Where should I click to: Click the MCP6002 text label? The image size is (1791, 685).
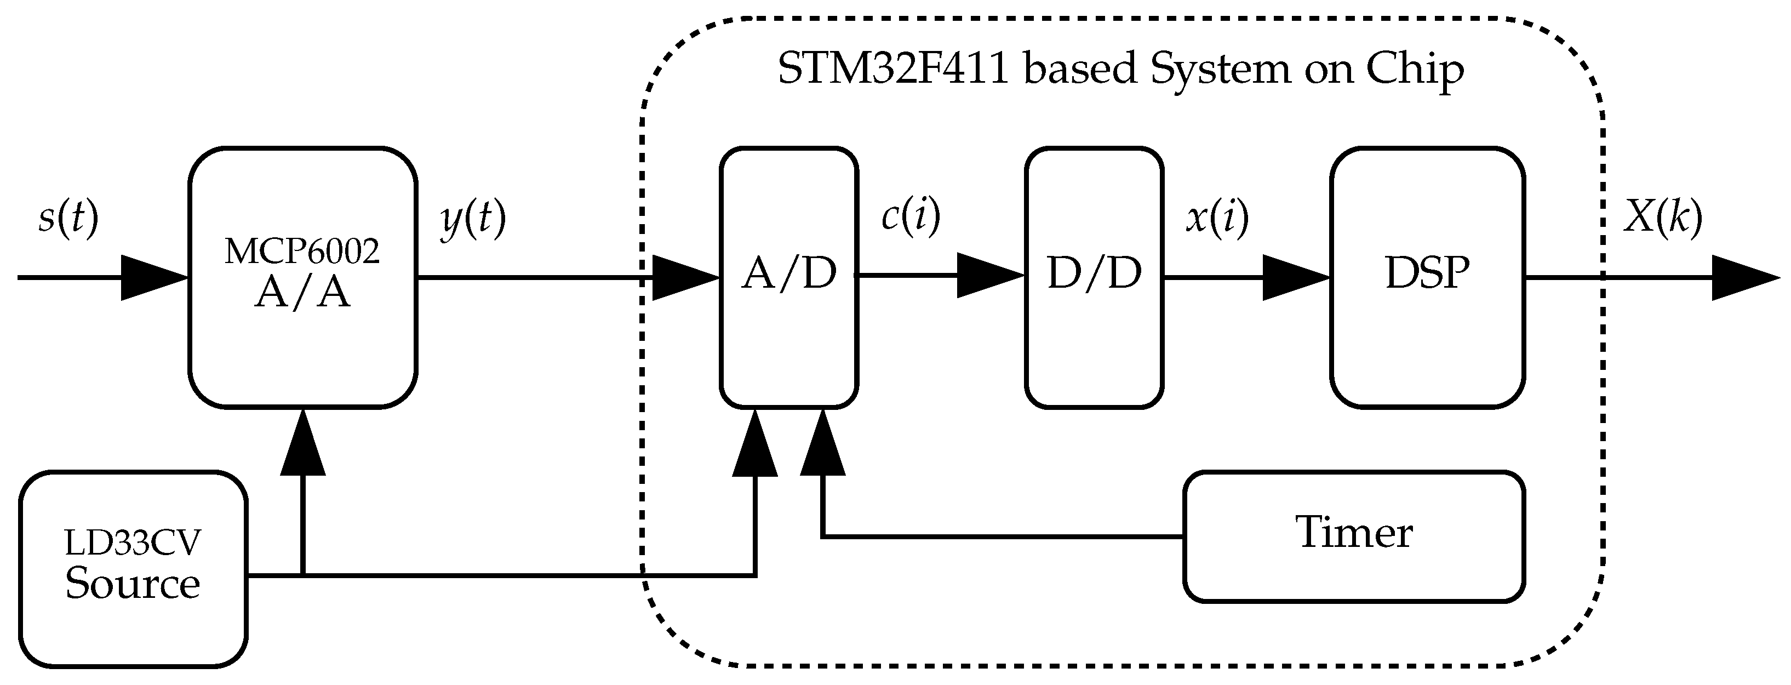click(x=302, y=252)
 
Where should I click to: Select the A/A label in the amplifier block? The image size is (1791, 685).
click(x=302, y=294)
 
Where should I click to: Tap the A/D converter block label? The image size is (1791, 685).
click(x=788, y=273)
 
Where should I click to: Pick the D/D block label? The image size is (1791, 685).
click(x=1094, y=273)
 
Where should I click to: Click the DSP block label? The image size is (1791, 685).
click(x=1427, y=273)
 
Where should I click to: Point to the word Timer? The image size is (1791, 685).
click(x=1354, y=533)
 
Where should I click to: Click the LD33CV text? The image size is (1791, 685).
click(x=132, y=543)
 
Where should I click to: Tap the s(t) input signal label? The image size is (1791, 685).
click(x=68, y=218)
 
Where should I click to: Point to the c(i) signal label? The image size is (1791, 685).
click(x=910, y=215)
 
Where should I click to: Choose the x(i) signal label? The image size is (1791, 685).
click(x=1217, y=218)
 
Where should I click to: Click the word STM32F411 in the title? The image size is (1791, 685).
click(x=892, y=70)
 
